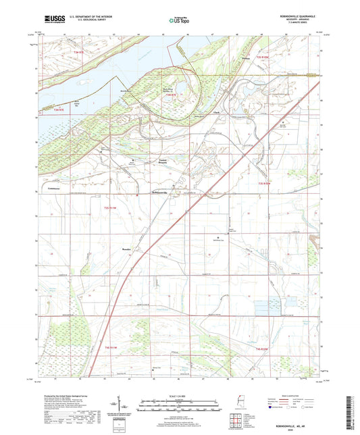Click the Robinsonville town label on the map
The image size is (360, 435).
pyautogui.click(x=158, y=193)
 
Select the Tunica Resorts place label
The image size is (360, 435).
pyautogui.click(x=157, y=161)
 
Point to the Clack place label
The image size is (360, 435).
pyautogui.click(x=216, y=112)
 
